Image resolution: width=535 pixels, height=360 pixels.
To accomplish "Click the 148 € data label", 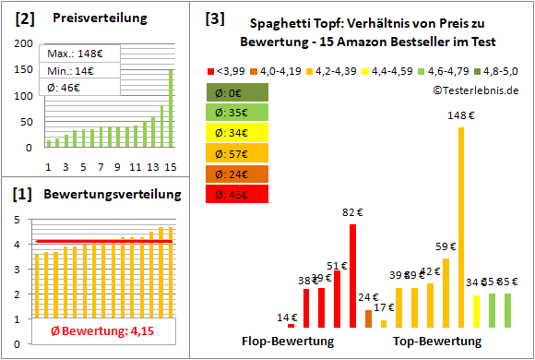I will click(461, 115).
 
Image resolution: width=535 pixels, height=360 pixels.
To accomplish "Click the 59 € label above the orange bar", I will click(446, 246).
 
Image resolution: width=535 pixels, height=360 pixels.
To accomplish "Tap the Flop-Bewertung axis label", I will click(288, 341).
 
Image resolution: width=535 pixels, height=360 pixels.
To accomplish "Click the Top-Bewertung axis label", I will click(436, 341).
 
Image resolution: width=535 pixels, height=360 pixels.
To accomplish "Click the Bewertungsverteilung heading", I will click(101, 195).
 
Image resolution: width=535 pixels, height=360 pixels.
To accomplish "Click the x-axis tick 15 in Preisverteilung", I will click(169, 166).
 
